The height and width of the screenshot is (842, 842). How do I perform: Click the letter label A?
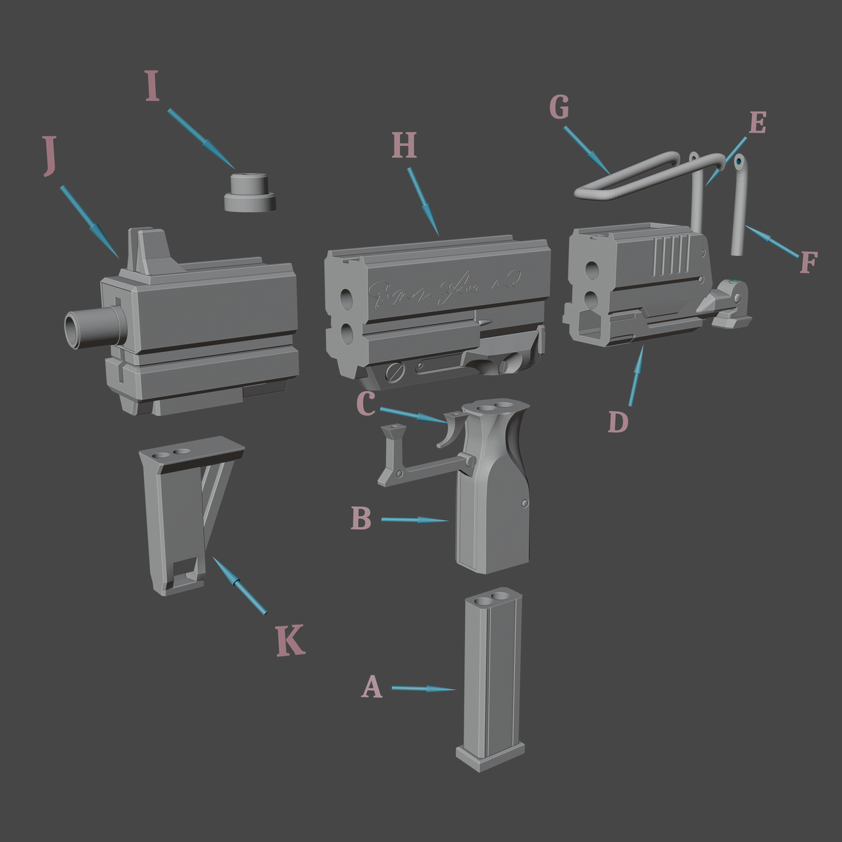(x=372, y=687)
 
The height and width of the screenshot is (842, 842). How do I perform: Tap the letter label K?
(x=290, y=640)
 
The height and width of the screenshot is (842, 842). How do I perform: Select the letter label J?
(x=49, y=156)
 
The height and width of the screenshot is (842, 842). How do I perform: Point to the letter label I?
(x=153, y=87)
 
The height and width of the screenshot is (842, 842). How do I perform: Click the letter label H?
(x=404, y=146)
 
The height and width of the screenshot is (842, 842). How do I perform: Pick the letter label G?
(x=559, y=108)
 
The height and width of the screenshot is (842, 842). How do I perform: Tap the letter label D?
(x=618, y=422)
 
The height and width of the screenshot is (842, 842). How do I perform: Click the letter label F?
(x=808, y=263)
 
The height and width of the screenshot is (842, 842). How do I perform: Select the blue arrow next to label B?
(x=415, y=519)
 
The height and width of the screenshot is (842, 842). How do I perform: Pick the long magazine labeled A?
(x=492, y=677)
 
